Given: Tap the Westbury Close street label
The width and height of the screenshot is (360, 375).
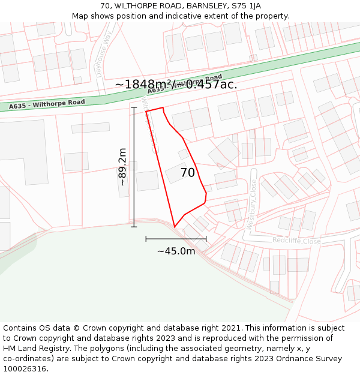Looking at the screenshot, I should pos(253,205).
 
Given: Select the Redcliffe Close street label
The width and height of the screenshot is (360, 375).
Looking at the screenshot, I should pos(296,241).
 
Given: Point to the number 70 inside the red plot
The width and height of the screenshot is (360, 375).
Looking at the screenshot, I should pos(188,173).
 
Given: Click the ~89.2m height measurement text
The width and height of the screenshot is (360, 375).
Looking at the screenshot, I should pos(122,167).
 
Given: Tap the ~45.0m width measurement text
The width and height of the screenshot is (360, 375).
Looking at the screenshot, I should pos(176,251).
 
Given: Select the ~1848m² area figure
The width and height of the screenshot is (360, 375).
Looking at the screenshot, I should pos(142,85).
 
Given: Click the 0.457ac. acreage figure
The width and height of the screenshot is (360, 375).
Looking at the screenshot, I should pos(211,85).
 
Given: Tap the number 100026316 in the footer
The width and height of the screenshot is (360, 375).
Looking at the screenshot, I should pos(27,369).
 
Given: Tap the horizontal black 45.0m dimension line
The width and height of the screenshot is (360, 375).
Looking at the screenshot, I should pos(176,238).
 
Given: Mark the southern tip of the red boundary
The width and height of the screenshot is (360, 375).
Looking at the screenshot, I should pos(175,227).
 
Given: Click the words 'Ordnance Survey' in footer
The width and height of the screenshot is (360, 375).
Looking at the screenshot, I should pos(313,359).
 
